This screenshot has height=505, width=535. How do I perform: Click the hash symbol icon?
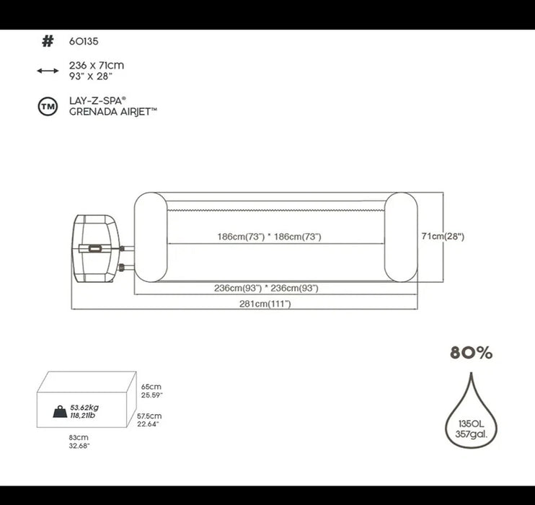click(x=48, y=41)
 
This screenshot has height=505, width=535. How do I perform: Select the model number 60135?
click(x=84, y=41)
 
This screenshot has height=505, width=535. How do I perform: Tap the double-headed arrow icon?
click(x=48, y=71)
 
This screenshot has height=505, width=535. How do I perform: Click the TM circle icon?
click(x=48, y=107)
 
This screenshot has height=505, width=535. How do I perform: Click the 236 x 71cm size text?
click(x=97, y=65)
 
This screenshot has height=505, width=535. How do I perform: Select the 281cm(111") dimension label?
click(x=265, y=304)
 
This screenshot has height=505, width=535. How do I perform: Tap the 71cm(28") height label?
click(x=443, y=236)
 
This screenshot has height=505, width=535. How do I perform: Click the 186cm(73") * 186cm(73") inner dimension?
click(x=269, y=237)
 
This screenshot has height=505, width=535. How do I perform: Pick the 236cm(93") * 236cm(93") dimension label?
click(x=266, y=288)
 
